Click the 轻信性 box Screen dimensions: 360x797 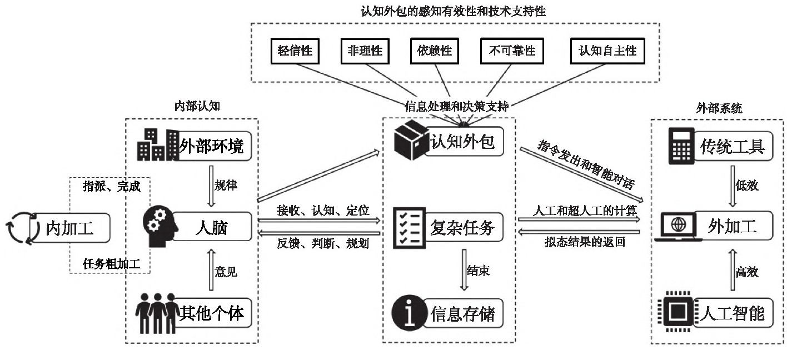coord(295,52)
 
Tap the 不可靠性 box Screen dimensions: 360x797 coord(511,52)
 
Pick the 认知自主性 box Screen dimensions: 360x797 coord(607,52)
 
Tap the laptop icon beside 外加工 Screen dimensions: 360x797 coord(678,228)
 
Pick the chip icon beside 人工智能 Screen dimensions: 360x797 coord(676,312)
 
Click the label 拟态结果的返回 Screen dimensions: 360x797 coord(580,243)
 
